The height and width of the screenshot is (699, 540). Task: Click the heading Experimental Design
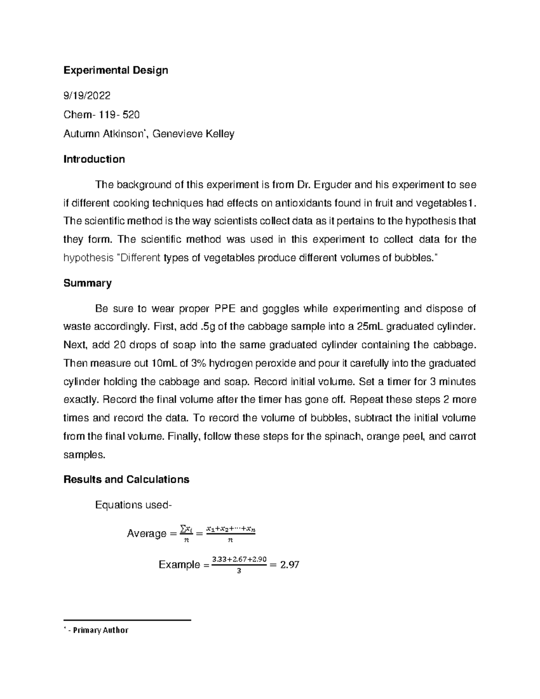116,70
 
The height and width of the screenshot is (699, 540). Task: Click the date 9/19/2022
87,96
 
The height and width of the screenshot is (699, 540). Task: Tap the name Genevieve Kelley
193,134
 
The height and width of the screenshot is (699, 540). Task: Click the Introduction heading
94,159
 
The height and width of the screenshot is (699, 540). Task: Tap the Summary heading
87,283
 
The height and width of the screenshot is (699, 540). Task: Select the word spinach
344,436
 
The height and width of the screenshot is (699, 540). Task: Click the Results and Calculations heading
126,479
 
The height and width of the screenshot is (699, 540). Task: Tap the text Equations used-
133,505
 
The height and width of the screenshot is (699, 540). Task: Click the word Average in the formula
146,533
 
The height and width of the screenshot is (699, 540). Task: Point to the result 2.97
289,564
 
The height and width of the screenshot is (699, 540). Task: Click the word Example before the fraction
179,564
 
